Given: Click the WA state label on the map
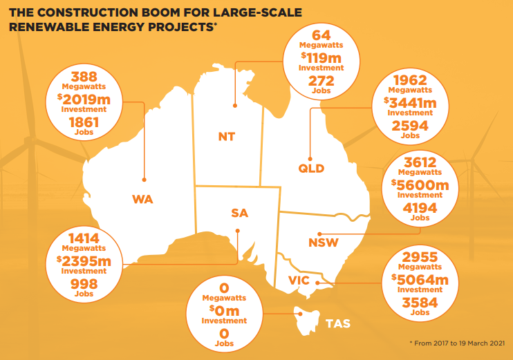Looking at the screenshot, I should click(142, 200).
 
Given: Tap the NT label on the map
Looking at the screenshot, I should click(226, 137).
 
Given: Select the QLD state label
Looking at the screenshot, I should click(311, 168).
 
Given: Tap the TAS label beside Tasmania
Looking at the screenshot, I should click(337, 323).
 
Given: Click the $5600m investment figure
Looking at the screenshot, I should click(420, 185).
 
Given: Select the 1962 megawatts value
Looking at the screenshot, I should click(409, 80).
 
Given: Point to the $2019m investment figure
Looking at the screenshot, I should click(86, 100).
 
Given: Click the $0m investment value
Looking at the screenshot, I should click(223, 312).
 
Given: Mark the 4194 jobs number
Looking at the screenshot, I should click(420, 208).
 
